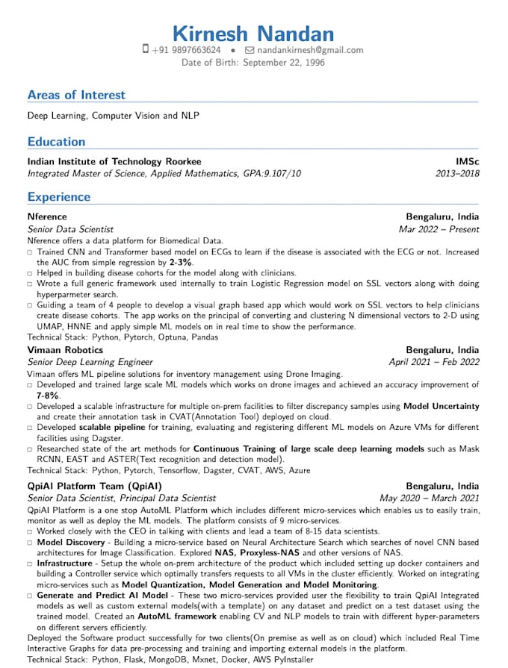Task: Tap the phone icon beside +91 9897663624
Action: click(x=146, y=50)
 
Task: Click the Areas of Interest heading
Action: click(x=76, y=95)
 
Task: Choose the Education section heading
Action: click(x=56, y=141)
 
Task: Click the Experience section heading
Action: click(x=58, y=197)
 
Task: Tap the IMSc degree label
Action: click(x=468, y=161)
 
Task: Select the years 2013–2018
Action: click(x=457, y=173)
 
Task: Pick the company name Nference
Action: click(x=47, y=217)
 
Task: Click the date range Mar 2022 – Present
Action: click(x=439, y=229)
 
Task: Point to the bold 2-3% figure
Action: click(x=181, y=263)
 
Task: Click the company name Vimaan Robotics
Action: click(x=65, y=350)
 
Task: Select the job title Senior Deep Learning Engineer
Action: click(x=90, y=362)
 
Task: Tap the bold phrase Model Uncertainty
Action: click(x=442, y=406)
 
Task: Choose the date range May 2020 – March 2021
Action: click(x=430, y=498)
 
